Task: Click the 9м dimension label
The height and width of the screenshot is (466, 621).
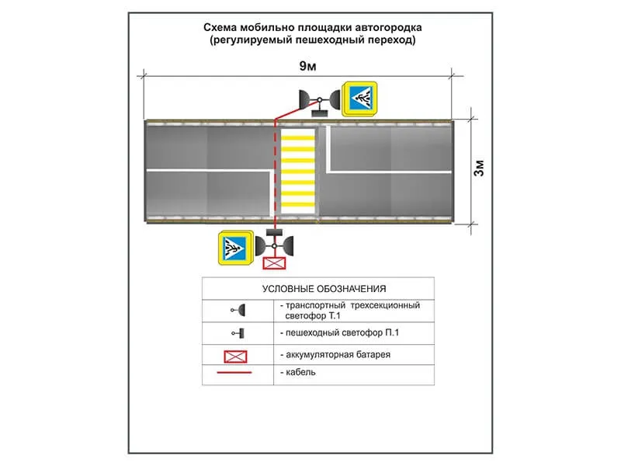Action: tap(307, 66)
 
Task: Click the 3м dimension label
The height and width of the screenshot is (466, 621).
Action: tap(479, 168)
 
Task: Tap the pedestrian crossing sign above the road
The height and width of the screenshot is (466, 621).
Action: tap(360, 99)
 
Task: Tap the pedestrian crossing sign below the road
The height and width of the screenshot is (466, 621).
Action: tap(236, 248)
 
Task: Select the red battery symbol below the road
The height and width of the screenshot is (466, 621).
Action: tap(274, 263)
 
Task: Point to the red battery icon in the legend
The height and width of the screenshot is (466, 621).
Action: tap(236, 356)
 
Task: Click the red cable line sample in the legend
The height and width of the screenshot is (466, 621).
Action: tap(234, 373)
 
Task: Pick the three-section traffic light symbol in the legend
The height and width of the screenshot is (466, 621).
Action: tap(238, 310)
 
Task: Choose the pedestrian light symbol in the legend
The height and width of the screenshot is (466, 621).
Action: tap(238, 333)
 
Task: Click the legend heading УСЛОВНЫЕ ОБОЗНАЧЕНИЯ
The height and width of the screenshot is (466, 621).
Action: tap(324, 289)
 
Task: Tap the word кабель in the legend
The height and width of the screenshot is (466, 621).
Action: tap(300, 372)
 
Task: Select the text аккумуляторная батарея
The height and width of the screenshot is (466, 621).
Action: tap(338, 355)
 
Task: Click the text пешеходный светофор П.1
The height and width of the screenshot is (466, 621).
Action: tap(342, 333)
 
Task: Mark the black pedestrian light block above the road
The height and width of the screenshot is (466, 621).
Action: tap(320, 113)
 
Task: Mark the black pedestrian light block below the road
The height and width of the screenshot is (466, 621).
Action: tap(274, 232)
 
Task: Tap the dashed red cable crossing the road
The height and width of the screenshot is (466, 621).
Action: tap(275, 172)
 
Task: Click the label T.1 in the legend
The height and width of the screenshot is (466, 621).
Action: tap(335, 316)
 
